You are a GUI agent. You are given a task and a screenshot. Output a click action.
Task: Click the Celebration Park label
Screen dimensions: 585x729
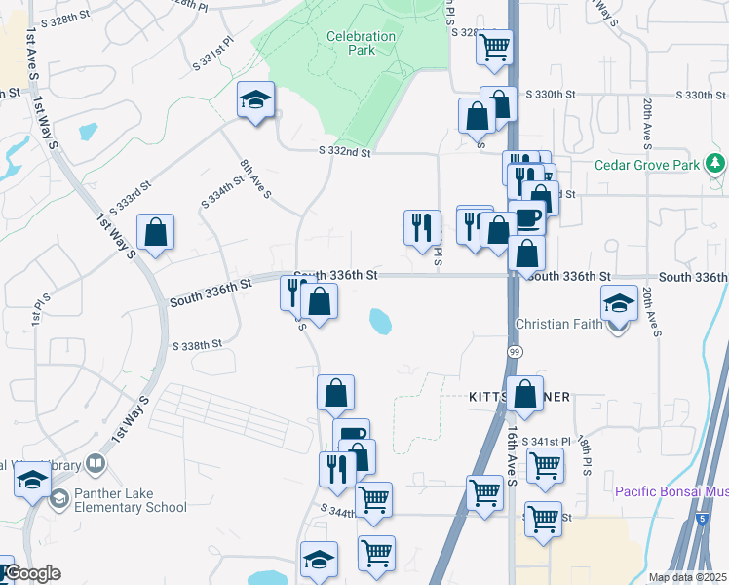pyautogui.click(x=361, y=43)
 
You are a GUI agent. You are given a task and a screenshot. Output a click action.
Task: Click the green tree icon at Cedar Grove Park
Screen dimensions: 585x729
pyautogui.click(x=717, y=162)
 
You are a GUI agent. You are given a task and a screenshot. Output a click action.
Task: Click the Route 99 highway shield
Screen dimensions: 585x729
pyautogui.click(x=512, y=348)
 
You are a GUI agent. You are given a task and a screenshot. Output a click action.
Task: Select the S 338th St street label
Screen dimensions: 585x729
pyautogui.click(x=198, y=345)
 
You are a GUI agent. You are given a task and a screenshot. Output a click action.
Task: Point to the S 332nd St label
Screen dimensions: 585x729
pyautogui.click(x=345, y=152)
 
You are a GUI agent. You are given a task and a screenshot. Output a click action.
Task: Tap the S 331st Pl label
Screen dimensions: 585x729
pyautogui.click(x=213, y=53)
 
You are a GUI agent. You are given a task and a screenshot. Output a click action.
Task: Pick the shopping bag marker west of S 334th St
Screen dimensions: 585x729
pyautogui.click(x=155, y=233)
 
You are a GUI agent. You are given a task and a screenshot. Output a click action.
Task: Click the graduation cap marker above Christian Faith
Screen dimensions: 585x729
pyautogui.click(x=619, y=303)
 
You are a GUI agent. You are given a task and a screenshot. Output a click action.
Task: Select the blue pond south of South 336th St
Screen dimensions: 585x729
pyautogui.click(x=380, y=320)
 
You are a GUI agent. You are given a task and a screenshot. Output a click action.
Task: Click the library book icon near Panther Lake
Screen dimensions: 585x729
pyautogui.click(x=96, y=463)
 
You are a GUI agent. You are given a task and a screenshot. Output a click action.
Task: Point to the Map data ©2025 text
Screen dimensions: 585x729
pyautogui.click(x=687, y=577)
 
